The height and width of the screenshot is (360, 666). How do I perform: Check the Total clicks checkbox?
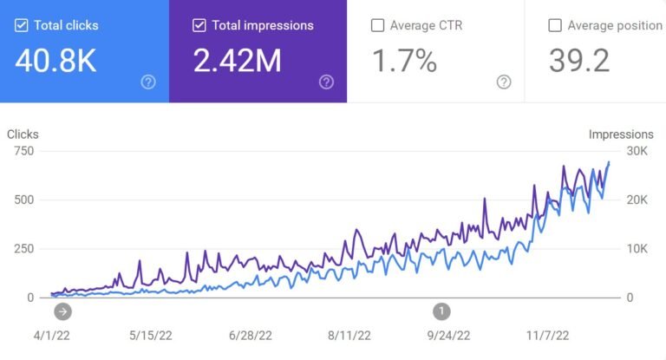(22, 25)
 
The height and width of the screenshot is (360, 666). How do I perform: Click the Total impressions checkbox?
(199, 25)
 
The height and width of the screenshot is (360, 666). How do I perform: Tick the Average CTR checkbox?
(377, 25)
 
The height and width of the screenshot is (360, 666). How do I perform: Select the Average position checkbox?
(555, 25)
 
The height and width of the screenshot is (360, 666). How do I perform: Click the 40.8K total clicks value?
(55, 61)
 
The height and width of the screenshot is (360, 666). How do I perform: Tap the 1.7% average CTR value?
(405, 61)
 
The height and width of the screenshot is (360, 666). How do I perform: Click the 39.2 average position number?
(579, 61)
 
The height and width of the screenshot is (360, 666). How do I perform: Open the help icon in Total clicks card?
(148, 82)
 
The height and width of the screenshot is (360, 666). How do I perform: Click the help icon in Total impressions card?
(326, 82)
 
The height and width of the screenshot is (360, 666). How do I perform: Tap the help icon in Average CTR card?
(504, 82)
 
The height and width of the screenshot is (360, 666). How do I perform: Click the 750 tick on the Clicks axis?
(23, 151)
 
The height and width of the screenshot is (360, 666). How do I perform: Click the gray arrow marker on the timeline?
(62, 310)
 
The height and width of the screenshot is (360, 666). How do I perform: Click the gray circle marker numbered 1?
(441, 310)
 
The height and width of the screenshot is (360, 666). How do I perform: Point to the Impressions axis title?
(620, 134)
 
